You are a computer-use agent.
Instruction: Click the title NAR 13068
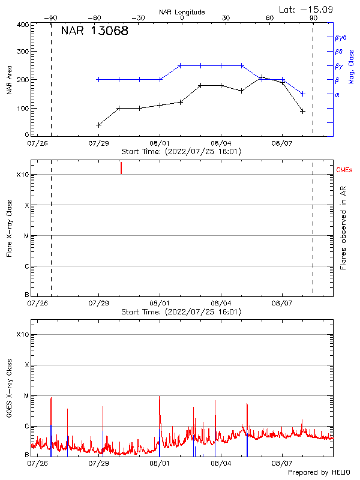(x=95, y=31)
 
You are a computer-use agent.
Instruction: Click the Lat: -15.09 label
(x=307, y=9)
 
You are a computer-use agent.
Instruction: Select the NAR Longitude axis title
(x=182, y=12)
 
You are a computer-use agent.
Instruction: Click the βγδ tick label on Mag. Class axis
(x=340, y=37)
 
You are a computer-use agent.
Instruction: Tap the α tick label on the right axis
(x=337, y=94)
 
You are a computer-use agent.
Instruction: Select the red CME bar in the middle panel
(x=121, y=167)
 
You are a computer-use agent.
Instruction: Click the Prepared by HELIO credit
(x=319, y=472)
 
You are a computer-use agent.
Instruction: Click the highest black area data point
(x=262, y=77)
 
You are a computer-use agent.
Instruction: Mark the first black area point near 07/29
(x=98, y=125)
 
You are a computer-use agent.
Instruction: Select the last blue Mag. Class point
(x=303, y=94)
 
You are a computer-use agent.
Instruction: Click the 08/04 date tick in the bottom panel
(x=221, y=463)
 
